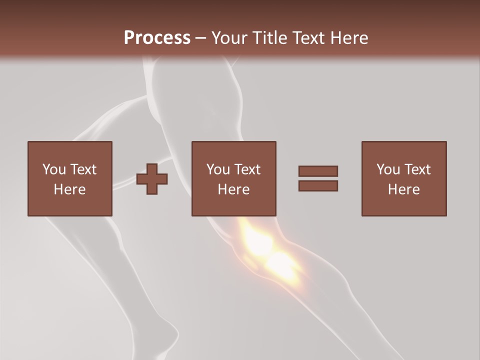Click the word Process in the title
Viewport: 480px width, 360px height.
[157, 38]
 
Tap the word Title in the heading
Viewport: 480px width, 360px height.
[269, 38]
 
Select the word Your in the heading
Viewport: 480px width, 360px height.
[229, 38]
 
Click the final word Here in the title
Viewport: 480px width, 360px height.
[349, 38]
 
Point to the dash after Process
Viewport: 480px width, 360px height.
[201, 38]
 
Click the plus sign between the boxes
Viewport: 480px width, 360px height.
[152, 178]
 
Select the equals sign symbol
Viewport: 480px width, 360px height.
[318, 178]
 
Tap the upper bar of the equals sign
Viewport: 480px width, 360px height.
[318, 171]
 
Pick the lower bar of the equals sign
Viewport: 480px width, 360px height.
[318, 186]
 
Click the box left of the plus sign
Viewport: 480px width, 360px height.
[69, 178]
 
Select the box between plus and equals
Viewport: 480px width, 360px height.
[233, 178]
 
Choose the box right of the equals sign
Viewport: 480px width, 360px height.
[404, 178]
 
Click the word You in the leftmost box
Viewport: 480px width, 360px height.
[53, 169]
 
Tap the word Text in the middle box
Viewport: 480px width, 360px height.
[247, 169]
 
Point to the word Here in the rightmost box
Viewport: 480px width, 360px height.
[404, 189]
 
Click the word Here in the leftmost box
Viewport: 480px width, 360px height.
[69, 189]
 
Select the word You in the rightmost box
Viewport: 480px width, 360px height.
[388, 169]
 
